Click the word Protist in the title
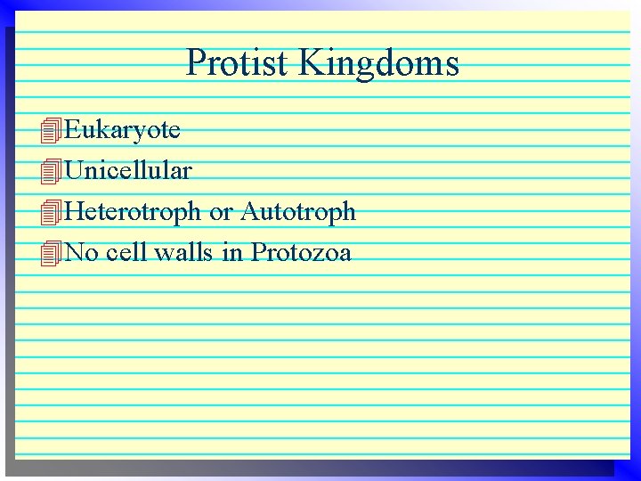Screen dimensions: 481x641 237,63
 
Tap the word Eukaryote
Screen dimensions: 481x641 123,131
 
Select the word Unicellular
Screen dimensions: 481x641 128,170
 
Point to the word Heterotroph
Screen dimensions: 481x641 133,212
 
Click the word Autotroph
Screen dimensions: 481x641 298,212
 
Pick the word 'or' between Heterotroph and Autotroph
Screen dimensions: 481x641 221,213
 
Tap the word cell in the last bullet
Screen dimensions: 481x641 126,253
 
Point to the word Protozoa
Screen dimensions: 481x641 301,253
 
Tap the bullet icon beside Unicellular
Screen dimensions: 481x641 52,171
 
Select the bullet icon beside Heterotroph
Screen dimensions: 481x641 52,213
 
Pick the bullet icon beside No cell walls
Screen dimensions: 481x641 52,254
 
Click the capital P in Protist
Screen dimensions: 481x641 197,63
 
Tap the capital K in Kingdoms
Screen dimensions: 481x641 312,63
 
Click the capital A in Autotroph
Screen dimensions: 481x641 250,212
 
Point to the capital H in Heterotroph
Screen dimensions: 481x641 75,212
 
